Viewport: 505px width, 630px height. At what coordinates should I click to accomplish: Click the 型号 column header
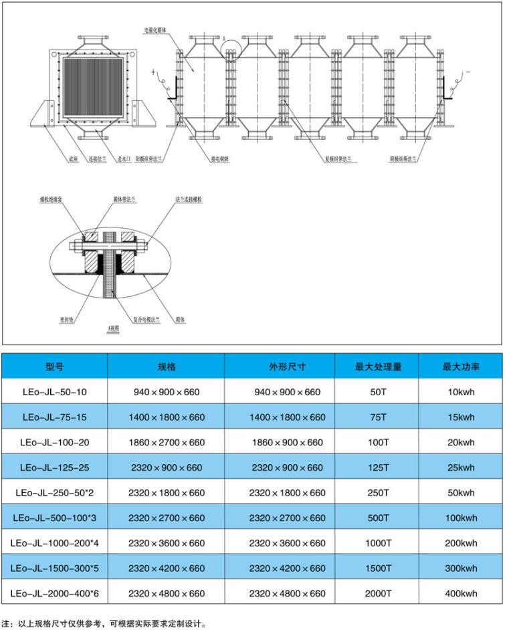pyautogui.click(x=55, y=367)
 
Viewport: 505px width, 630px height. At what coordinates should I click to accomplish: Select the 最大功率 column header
pyautogui.click(x=461, y=367)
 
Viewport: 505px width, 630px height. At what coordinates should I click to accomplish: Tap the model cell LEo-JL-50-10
pyautogui.click(x=55, y=392)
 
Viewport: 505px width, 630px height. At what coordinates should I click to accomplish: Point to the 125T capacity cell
pyautogui.click(x=378, y=467)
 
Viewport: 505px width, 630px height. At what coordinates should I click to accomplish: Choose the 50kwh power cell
pyautogui.click(x=461, y=493)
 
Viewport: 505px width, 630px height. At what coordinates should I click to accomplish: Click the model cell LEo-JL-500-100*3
pyautogui.click(x=55, y=518)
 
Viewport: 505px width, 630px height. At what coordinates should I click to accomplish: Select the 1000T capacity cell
pyautogui.click(x=378, y=543)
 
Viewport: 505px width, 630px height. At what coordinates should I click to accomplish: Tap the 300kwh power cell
pyautogui.click(x=461, y=568)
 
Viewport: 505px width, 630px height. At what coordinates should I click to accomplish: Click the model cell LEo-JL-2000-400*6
pyautogui.click(x=55, y=593)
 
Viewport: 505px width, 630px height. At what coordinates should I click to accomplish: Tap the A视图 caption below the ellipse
pyautogui.click(x=114, y=330)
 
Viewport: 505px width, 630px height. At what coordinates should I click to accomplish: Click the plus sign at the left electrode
pyautogui.click(x=153, y=70)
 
